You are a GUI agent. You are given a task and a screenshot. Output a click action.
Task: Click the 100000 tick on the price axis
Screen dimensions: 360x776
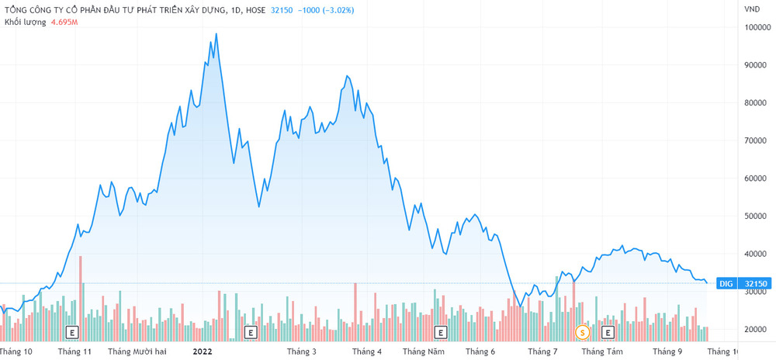point(757,27)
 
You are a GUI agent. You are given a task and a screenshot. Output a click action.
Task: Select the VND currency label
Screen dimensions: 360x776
point(751,9)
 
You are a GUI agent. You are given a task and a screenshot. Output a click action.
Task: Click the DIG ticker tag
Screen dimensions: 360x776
point(726,284)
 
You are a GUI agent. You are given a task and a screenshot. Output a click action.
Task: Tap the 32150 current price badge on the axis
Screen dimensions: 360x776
point(754,284)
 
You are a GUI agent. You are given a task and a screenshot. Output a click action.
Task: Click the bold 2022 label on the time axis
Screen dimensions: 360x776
point(203,351)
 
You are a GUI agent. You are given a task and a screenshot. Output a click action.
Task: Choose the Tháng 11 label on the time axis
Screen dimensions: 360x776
point(75,351)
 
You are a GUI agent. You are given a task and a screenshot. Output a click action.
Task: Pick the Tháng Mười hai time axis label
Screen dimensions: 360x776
point(137,351)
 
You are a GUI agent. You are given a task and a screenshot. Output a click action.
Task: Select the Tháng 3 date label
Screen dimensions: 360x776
point(302,351)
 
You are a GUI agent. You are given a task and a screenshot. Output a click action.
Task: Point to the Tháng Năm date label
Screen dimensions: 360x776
point(424,351)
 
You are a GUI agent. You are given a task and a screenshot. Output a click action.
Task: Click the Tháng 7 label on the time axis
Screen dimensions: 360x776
point(542,351)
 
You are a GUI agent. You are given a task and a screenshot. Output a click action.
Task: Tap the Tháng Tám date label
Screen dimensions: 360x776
point(603,351)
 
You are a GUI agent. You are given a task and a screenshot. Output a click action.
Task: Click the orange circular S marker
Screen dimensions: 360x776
point(583,332)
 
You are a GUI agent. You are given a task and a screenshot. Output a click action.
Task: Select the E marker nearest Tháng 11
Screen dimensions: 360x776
point(73,332)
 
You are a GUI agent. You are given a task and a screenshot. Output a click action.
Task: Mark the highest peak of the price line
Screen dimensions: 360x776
point(216,33)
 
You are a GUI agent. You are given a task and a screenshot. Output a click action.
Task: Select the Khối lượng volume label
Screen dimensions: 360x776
point(25,22)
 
